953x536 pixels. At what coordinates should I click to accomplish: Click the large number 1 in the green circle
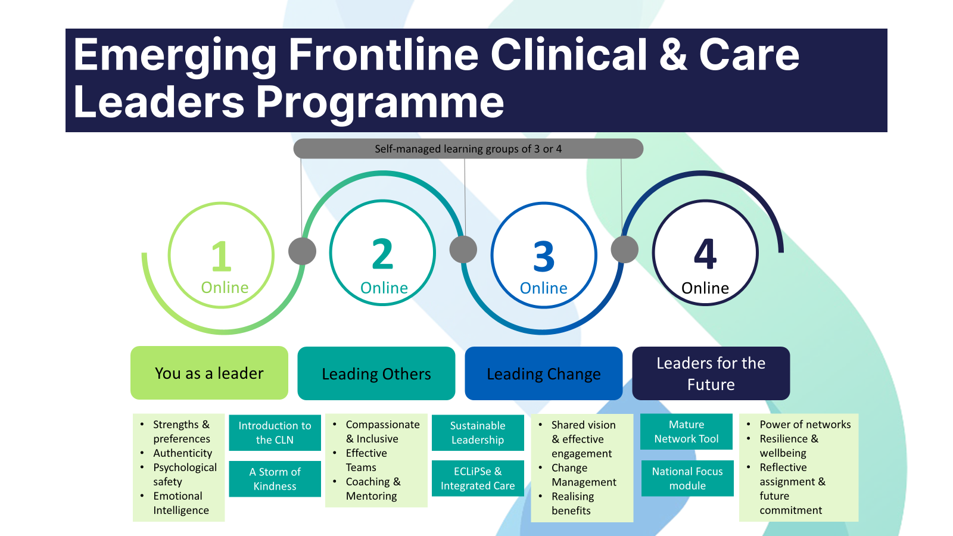(221, 256)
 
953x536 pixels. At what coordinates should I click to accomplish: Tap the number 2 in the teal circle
(382, 254)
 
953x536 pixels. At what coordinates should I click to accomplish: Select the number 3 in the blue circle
(544, 257)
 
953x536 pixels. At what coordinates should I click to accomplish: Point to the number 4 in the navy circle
(705, 254)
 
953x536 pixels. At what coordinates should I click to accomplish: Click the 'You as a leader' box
(209, 373)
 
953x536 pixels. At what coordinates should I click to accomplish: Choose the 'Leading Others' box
(376, 374)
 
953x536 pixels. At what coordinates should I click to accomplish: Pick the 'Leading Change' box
(543, 374)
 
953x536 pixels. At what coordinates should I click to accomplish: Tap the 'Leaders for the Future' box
(711, 373)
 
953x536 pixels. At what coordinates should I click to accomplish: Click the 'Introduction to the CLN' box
(275, 432)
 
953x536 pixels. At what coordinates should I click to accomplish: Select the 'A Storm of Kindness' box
(275, 479)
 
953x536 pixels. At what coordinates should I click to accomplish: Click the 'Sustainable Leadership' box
(478, 432)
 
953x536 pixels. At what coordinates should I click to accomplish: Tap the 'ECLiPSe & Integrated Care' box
(478, 478)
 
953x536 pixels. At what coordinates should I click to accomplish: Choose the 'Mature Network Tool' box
(686, 431)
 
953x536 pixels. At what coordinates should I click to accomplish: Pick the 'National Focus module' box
(687, 478)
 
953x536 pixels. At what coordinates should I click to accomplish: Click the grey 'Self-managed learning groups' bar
(468, 149)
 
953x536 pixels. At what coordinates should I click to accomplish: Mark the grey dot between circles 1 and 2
(302, 251)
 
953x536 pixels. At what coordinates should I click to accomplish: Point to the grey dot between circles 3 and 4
(625, 249)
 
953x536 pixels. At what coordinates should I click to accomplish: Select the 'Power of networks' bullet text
(805, 425)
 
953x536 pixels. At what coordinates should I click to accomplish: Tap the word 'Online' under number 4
(705, 288)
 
